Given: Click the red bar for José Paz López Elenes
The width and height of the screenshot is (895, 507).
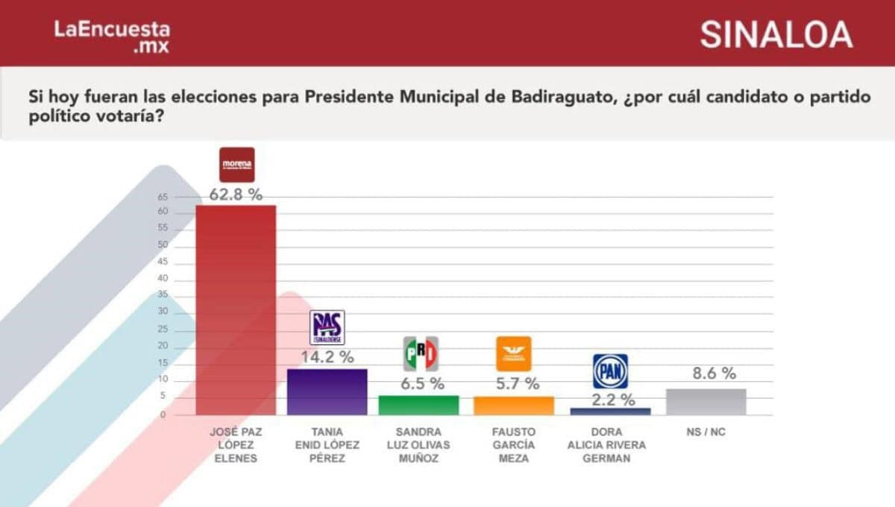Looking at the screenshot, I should pyautogui.click(x=236, y=309).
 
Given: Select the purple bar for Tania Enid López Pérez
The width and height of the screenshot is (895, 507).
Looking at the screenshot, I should pyautogui.click(x=327, y=391).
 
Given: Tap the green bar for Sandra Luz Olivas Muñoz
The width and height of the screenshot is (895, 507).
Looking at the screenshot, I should pyautogui.click(x=418, y=405).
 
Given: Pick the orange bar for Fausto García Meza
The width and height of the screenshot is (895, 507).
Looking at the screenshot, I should pyautogui.click(x=514, y=406).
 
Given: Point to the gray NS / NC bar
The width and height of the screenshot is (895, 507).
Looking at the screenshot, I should pyautogui.click(x=706, y=402).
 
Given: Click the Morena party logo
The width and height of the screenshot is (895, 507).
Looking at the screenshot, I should pyautogui.click(x=237, y=165).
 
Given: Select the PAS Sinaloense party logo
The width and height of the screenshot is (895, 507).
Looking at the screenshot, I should pyautogui.click(x=327, y=327).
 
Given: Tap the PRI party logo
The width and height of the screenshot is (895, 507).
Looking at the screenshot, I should pyautogui.click(x=420, y=353).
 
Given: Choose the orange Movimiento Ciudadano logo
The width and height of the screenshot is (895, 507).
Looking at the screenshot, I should pyautogui.click(x=514, y=353).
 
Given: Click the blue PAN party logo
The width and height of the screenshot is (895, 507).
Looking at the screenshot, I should pyautogui.click(x=610, y=371).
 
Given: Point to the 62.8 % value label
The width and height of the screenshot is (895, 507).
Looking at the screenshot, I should pyautogui.click(x=236, y=195).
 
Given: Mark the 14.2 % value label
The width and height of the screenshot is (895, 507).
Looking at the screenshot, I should pyautogui.click(x=327, y=357).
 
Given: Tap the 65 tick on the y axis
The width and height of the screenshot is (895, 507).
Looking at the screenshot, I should pyautogui.click(x=163, y=197).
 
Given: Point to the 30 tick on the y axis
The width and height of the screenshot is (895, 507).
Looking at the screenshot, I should pyautogui.click(x=163, y=313).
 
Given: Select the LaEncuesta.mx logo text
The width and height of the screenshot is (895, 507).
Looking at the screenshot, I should pyautogui.click(x=112, y=36).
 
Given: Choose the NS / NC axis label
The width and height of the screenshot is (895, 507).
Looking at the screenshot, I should pyautogui.click(x=706, y=432).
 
